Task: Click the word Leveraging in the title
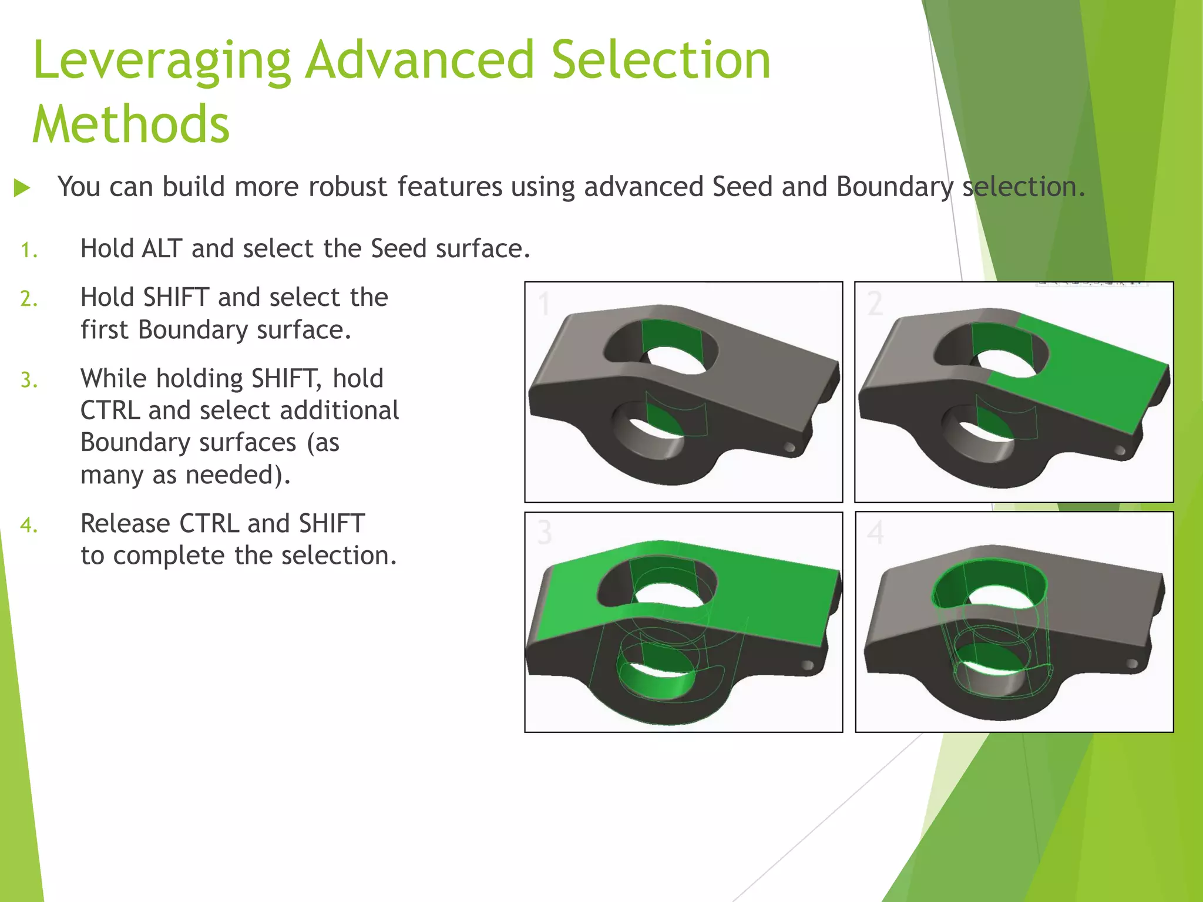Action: click(162, 62)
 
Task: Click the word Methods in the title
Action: click(131, 124)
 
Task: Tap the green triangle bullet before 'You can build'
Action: click(22, 189)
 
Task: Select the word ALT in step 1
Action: click(162, 248)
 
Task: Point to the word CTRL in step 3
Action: click(110, 410)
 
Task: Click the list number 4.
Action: click(28, 525)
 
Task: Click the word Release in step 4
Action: click(125, 523)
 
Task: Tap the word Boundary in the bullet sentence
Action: click(895, 187)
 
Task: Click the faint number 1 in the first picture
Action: click(544, 304)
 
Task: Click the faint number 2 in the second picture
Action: click(875, 304)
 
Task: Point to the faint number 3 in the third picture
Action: click(545, 533)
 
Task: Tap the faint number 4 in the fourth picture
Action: click(875, 533)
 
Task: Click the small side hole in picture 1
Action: click(790, 448)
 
